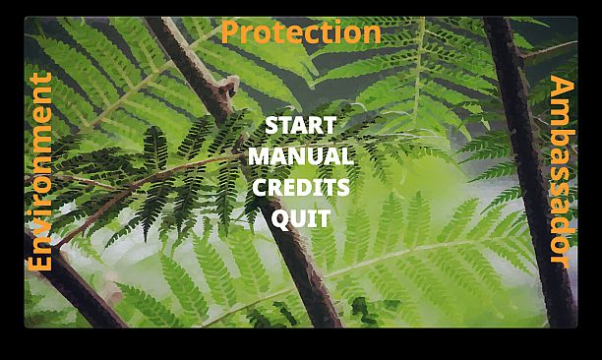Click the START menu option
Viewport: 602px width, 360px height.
tap(300, 126)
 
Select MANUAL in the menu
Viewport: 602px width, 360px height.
tap(300, 156)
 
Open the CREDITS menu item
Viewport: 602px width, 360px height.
tap(300, 187)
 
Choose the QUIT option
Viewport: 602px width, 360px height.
tap(300, 217)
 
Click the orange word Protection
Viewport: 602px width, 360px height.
tap(300, 32)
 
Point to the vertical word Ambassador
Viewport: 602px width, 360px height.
tap(561, 171)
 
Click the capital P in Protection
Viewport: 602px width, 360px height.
tap(229, 32)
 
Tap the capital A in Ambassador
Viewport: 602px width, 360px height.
tap(561, 88)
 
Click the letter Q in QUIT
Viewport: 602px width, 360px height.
tap(280, 218)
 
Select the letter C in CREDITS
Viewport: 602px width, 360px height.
tap(261, 187)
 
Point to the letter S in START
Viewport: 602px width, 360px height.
tap(272, 126)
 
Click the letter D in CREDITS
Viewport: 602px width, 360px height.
tap(303, 187)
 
